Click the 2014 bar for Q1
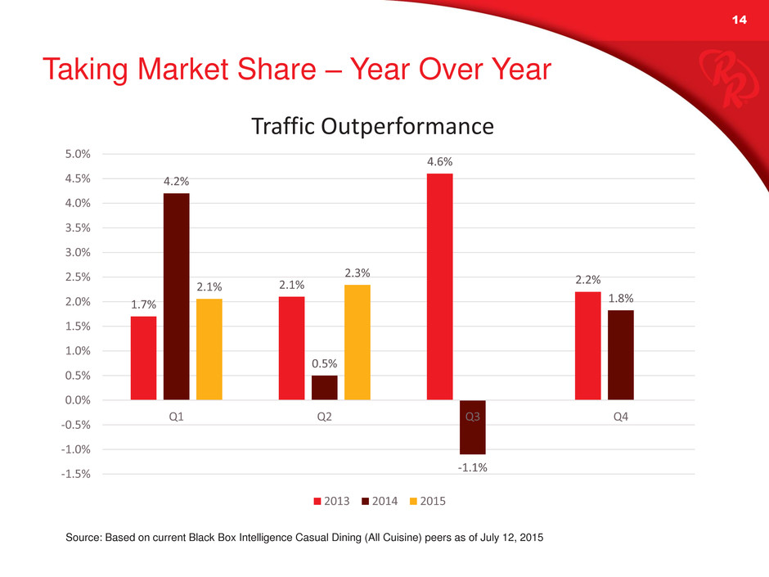(x=176, y=296)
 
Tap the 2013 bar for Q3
(x=439, y=286)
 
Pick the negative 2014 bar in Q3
(x=472, y=427)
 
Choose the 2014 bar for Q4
(x=621, y=355)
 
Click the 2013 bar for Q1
(x=143, y=358)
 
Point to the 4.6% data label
(x=439, y=162)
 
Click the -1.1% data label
(x=473, y=467)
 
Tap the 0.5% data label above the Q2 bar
(x=324, y=363)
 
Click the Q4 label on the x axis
(x=621, y=416)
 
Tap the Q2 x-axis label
(x=324, y=416)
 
